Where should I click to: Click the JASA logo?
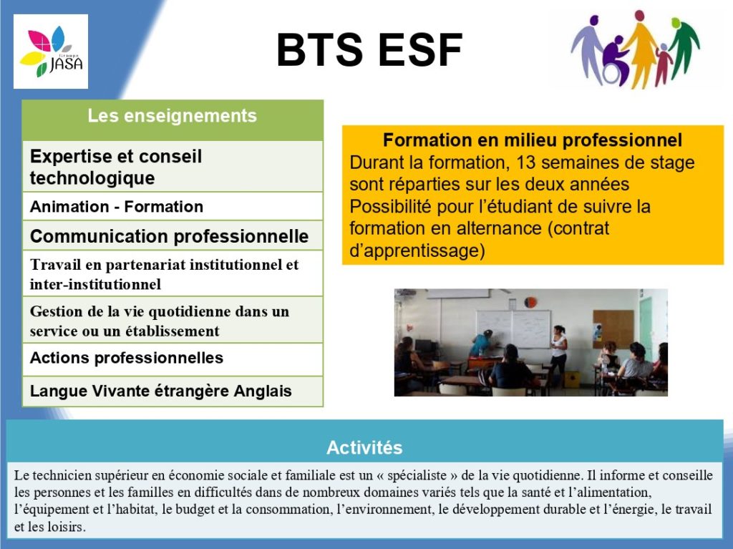pyautogui.click(x=51, y=52)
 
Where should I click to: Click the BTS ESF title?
pyautogui.click(x=369, y=50)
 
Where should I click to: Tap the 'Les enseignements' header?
pyautogui.click(x=172, y=116)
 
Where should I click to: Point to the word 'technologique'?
pyautogui.click(x=92, y=178)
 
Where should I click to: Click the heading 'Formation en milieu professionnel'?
pyautogui.click(x=533, y=140)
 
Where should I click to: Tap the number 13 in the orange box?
pyautogui.click(x=525, y=162)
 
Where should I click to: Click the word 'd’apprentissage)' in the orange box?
pyautogui.click(x=417, y=251)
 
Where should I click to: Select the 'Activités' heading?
pyautogui.click(x=364, y=447)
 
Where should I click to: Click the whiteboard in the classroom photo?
pyautogui.click(x=513, y=329)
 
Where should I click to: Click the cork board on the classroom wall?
pyautogui.click(x=613, y=329)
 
